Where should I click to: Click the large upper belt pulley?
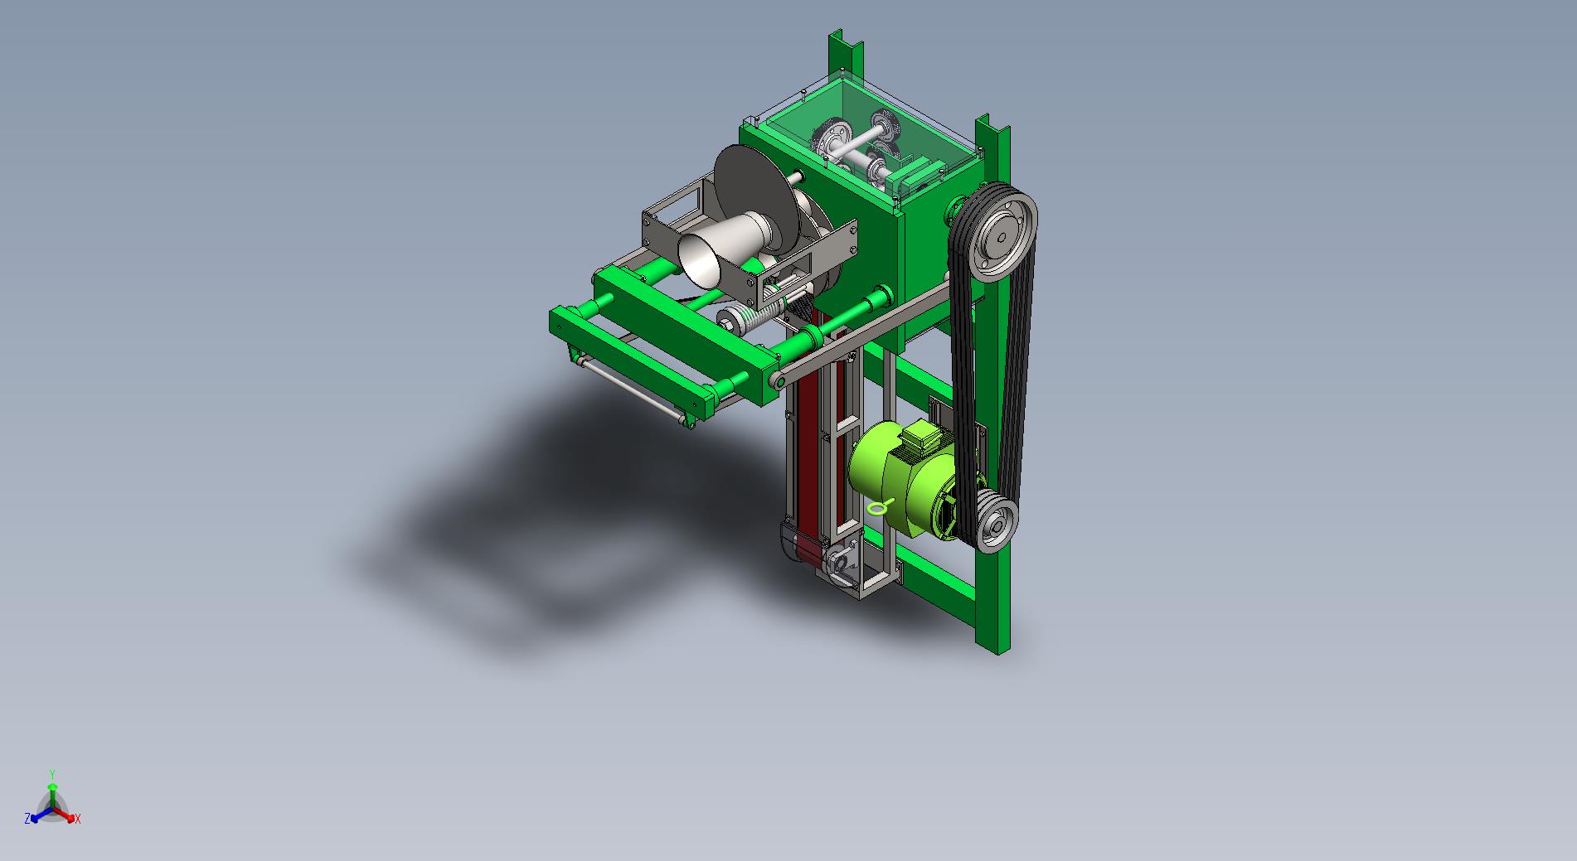[x=1003, y=236]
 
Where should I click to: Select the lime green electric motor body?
[x=903, y=480]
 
